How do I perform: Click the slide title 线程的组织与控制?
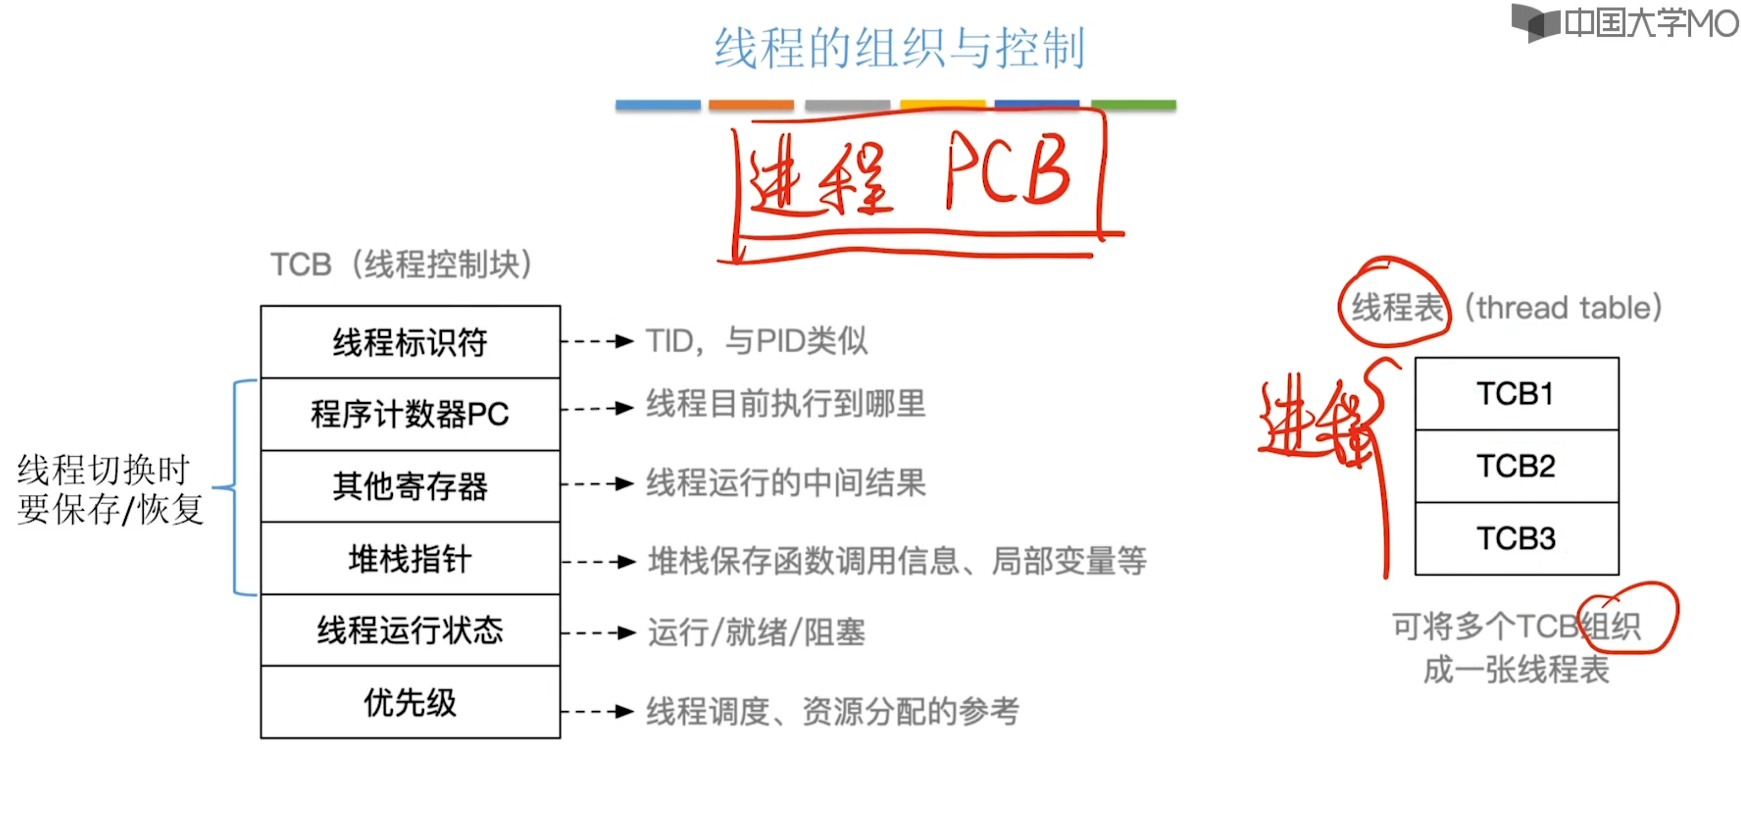[899, 48]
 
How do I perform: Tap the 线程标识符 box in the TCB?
[410, 342]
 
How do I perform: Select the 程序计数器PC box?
[410, 414]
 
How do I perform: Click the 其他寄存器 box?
[410, 486]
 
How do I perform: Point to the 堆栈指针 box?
[410, 559]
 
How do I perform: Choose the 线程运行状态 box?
[410, 630]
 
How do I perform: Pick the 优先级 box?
[410, 703]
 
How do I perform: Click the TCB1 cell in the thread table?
[1516, 394]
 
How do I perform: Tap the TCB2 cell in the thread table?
[1516, 466]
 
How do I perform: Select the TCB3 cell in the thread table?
[1516, 538]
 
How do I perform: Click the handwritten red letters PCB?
[1007, 171]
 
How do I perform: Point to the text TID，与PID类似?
[756, 341]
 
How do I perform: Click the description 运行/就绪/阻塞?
[756, 633]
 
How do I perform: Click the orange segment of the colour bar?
[751, 105]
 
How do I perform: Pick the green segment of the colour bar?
[1134, 105]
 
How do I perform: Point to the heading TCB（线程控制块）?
[401, 264]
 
